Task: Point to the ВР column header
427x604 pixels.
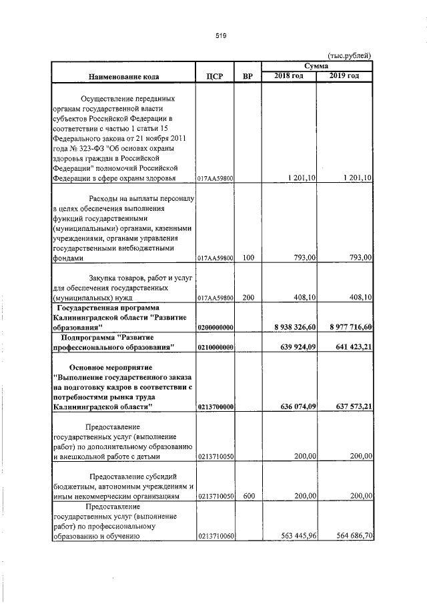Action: (248, 77)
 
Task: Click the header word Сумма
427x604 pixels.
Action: (316, 66)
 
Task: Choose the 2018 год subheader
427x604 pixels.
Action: (289, 75)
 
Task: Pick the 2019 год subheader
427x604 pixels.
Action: (344, 75)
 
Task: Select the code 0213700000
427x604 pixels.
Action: (216, 406)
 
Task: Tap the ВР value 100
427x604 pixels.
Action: (248, 257)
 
